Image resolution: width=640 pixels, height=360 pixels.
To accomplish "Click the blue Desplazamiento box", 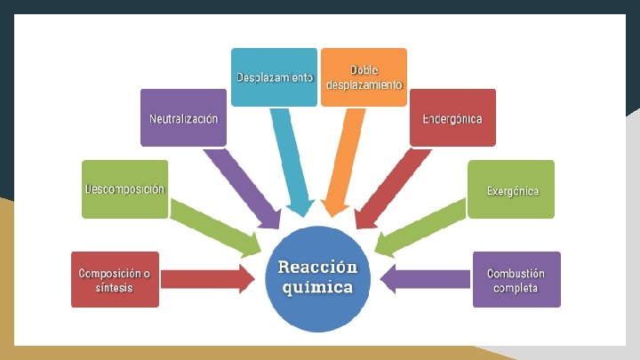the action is tap(275, 77).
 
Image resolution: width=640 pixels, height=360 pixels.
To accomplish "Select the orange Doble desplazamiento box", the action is tap(364, 77).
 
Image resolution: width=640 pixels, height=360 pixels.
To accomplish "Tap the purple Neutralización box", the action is tap(183, 117).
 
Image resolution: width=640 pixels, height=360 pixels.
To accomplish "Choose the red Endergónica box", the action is tap(452, 117).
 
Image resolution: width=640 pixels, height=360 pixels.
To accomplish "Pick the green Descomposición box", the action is tap(124, 189).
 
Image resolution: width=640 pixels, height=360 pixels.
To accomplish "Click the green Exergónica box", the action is tap(511, 189).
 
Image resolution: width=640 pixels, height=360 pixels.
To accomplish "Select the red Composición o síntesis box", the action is tap(116, 279).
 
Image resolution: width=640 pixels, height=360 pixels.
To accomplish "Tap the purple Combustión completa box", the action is tap(516, 279).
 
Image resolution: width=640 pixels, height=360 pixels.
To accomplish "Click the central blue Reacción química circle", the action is tap(317, 276).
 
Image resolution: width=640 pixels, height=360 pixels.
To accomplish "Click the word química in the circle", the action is tap(317, 287).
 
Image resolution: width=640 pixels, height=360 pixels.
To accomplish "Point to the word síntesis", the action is tap(115, 288).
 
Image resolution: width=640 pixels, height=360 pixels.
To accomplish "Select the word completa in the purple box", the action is tap(516, 288).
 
